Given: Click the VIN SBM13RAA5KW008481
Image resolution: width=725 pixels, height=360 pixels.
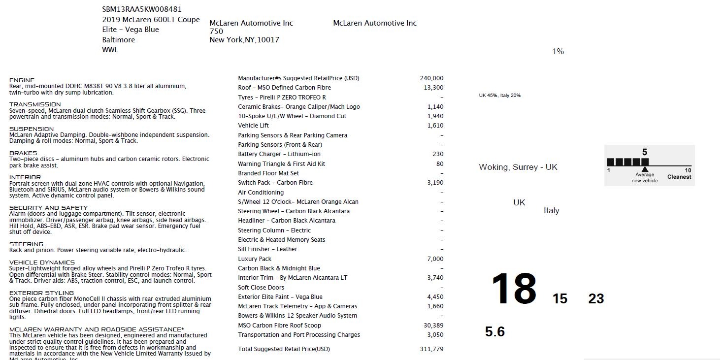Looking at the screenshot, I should (142, 9).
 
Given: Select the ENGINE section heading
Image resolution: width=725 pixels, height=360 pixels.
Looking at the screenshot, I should (22, 80).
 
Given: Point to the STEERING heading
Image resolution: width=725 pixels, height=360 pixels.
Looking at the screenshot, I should (26, 244).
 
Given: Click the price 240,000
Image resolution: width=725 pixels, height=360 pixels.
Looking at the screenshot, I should (431, 78).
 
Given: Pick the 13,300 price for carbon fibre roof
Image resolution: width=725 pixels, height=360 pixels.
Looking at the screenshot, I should (433, 88).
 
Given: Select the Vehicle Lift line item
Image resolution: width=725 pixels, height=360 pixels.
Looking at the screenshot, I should (253, 126).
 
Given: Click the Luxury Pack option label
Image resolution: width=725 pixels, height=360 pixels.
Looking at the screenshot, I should (255, 259).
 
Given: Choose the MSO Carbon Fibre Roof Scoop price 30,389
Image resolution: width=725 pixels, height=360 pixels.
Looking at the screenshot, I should (433, 326).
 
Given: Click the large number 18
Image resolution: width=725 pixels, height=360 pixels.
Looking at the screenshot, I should (514, 289).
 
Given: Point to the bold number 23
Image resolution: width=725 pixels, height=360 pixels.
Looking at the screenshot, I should (596, 298).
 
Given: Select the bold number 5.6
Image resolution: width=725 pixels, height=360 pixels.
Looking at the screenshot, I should (494, 332).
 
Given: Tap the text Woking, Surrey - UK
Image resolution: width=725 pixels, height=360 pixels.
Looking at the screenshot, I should (518, 167).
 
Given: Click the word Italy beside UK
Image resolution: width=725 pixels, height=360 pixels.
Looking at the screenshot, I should (551, 211).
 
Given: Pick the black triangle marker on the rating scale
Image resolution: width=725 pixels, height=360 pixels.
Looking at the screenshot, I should (645, 169).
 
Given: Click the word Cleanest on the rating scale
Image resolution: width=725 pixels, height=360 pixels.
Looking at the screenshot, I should (679, 177).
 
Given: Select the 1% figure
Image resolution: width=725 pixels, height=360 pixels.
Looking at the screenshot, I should (558, 52).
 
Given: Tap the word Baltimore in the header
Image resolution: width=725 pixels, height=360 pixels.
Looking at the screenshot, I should (118, 40).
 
